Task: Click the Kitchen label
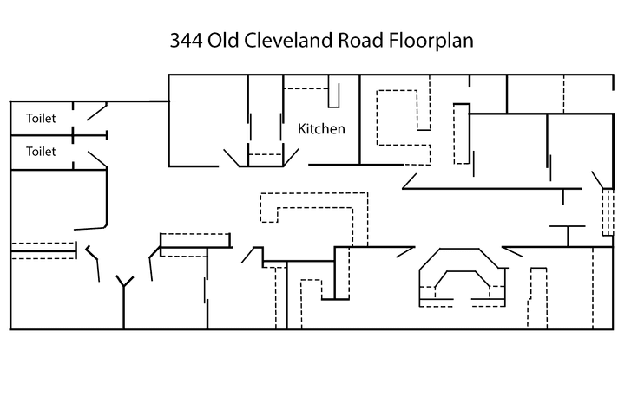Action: (321, 129)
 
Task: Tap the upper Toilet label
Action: (41, 118)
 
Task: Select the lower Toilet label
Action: (41, 151)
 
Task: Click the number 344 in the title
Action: (184, 41)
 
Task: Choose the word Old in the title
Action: (224, 41)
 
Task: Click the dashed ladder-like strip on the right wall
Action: (606, 212)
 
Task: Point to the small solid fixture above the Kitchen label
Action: (333, 90)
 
